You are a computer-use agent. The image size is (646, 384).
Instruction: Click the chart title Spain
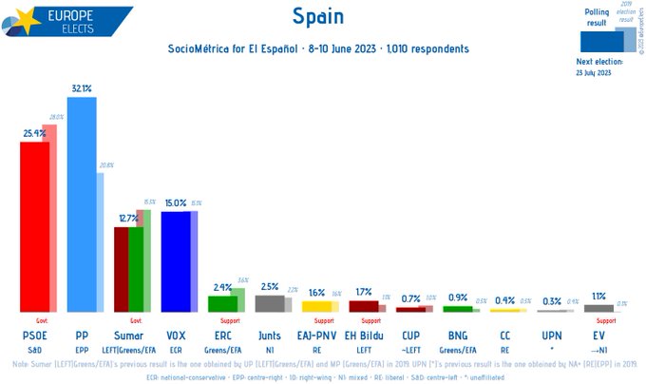318,17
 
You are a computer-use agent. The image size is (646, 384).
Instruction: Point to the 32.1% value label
82,88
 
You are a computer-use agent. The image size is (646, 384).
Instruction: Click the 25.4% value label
34,134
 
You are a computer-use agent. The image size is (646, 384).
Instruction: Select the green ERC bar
222,303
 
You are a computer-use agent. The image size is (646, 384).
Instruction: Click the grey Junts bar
269,303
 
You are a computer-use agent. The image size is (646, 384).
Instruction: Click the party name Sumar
129,336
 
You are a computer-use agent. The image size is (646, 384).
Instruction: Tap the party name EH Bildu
364,336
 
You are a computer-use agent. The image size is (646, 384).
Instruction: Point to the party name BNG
457,336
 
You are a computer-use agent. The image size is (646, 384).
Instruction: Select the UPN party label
551,336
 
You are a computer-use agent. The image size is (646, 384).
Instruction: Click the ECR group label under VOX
176,349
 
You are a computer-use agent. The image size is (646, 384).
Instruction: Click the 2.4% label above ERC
222,287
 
